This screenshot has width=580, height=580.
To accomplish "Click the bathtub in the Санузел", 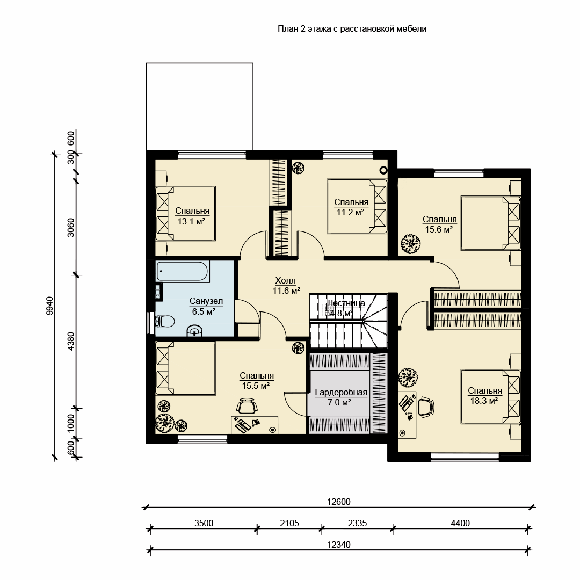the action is click(183, 272).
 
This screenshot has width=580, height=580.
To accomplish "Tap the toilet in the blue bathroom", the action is click(165, 321).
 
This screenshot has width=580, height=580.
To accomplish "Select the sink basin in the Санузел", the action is click(195, 330).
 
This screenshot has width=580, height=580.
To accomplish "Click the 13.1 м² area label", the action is click(191, 222).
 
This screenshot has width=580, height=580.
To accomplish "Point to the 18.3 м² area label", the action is click(484, 400).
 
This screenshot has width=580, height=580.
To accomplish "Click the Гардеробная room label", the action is click(341, 393).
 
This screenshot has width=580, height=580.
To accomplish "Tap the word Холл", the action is click(286, 281).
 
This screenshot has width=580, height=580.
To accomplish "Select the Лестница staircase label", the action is click(346, 303).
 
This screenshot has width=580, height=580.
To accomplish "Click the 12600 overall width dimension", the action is click(338, 502).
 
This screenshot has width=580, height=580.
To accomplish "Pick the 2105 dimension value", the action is click(289, 523).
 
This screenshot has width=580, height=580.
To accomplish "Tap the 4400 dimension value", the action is click(460, 523).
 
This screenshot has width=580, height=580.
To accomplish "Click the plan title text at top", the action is click(352, 29).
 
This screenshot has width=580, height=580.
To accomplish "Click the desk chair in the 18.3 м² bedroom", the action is click(426, 407).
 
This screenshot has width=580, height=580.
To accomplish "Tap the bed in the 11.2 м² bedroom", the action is click(357, 206).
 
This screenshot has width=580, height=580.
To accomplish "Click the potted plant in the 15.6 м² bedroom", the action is click(411, 244).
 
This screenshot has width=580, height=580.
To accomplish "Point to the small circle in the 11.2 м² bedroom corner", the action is click(383, 170).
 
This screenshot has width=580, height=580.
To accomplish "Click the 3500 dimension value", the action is click(204, 523).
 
